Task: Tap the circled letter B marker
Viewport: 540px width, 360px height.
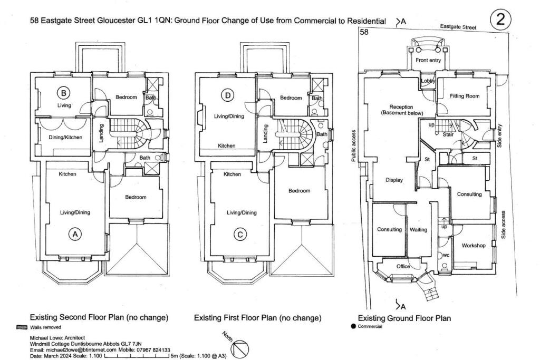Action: [x=63, y=94]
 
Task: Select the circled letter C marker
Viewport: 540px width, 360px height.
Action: [x=240, y=235]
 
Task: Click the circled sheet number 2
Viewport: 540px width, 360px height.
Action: [x=500, y=20]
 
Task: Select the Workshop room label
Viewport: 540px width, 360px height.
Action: [x=473, y=246]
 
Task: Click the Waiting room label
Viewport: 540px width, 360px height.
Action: [x=418, y=230]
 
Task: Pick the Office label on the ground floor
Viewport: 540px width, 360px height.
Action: [x=403, y=267]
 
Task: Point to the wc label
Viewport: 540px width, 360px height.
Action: [x=446, y=255]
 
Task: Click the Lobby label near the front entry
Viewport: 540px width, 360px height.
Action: [x=428, y=81]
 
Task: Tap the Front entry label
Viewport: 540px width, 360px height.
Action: [x=428, y=61]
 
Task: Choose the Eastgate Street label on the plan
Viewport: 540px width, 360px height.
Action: [x=459, y=26]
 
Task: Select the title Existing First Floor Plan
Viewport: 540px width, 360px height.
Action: [x=257, y=318]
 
